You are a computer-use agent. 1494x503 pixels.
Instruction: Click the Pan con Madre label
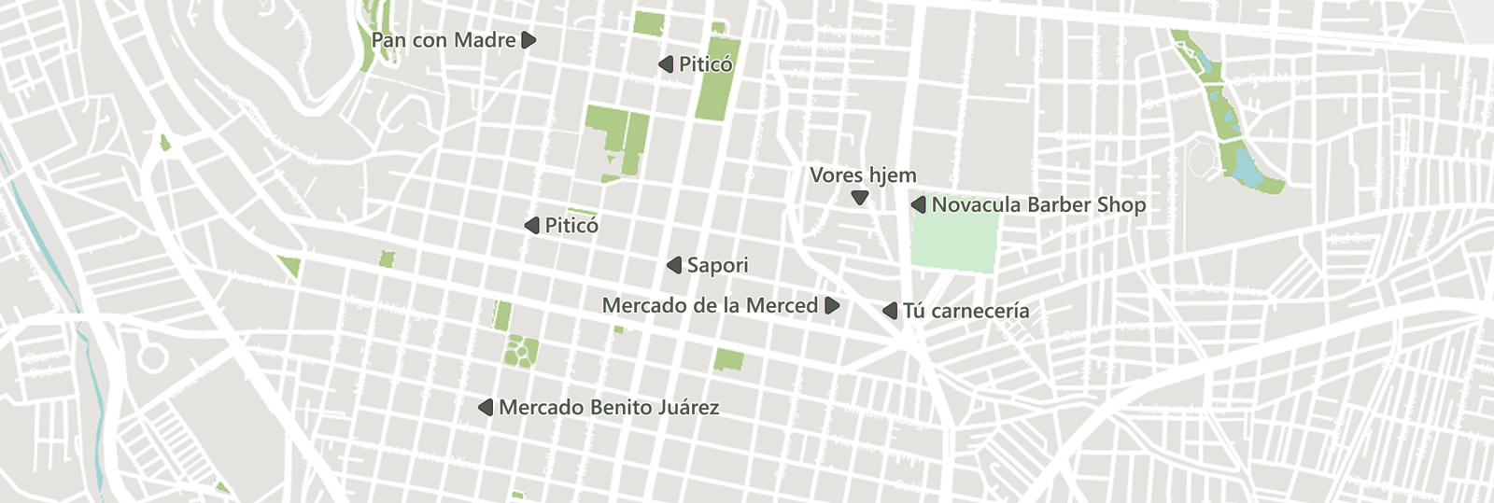444,40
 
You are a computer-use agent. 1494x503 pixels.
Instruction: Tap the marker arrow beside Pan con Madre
529,40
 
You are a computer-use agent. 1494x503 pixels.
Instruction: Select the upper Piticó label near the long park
705,64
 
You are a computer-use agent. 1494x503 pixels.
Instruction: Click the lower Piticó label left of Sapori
571,226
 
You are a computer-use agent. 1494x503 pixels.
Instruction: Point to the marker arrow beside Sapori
674,266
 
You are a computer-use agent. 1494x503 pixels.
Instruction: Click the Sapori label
717,266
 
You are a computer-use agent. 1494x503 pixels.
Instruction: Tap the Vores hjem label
863,175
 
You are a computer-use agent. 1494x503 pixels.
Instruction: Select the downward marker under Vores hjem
860,198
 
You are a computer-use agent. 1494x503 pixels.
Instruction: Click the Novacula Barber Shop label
1038,205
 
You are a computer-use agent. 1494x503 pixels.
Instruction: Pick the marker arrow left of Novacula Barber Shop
919,204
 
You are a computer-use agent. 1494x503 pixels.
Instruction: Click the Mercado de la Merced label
710,306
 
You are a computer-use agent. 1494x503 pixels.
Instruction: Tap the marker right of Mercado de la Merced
832,306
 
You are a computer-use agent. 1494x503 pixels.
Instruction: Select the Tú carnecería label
965,311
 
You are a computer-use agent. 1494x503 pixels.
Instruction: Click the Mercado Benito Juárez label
609,408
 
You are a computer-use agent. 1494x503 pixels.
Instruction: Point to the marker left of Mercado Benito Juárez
486,408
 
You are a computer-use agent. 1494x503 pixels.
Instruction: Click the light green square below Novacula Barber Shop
953,242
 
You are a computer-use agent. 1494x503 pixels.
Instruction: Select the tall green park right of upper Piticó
717,79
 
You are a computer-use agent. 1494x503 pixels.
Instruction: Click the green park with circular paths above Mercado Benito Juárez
521,352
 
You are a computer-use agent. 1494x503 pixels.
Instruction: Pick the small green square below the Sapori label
729,359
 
